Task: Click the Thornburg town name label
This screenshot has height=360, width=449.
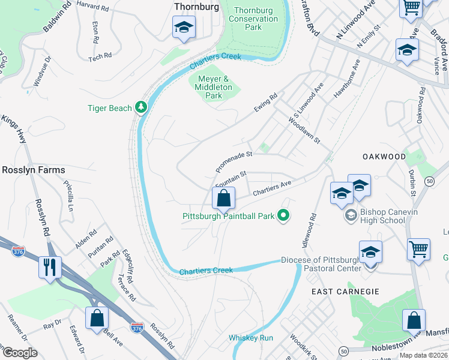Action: pyautogui.click(x=194, y=6)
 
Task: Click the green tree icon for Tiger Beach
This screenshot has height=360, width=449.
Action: pyautogui.click(x=141, y=107)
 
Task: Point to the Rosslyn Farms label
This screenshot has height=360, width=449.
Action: pyautogui.click(x=33, y=170)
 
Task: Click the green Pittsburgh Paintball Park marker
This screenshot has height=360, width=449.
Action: pyautogui.click(x=284, y=215)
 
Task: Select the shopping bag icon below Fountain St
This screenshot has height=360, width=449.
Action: pyautogui.click(x=223, y=197)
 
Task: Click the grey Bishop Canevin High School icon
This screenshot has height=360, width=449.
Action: pyautogui.click(x=349, y=214)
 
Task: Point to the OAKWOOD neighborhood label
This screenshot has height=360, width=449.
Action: pyautogui.click(x=384, y=157)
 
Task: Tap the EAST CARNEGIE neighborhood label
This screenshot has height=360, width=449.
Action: pyautogui.click(x=345, y=292)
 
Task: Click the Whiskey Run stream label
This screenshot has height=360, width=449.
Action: pyautogui.click(x=250, y=338)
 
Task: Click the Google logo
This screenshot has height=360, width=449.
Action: pyautogui.click(x=20, y=352)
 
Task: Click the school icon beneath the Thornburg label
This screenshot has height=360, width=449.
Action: pyautogui.click(x=184, y=27)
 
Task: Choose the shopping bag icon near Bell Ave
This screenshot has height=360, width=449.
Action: pyautogui.click(x=97, y=318)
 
